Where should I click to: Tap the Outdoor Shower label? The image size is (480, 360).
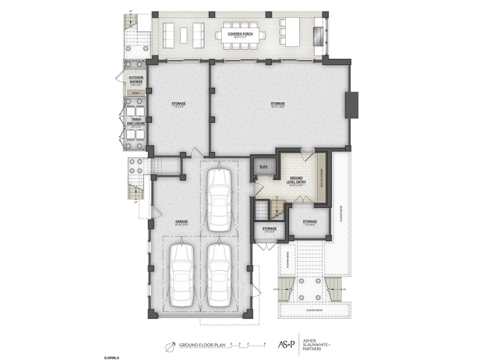tap(136, 79)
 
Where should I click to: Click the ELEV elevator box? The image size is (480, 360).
tap(263, 166)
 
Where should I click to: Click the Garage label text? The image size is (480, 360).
tap(182, 222)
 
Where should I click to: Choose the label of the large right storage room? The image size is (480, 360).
tap(278, 104)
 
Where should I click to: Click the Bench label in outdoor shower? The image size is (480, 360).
tap(135, 93)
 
